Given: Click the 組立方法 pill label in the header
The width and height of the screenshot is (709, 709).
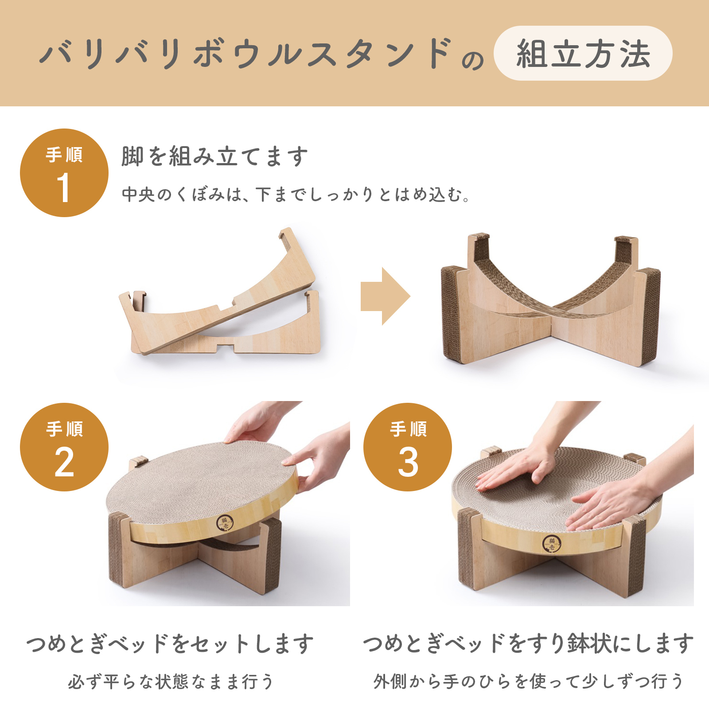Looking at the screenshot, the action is [x=583, y=53].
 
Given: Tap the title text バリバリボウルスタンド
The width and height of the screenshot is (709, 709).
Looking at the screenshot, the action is [x=246, y=54].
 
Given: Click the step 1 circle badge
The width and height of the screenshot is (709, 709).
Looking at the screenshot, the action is [x=64, y=173].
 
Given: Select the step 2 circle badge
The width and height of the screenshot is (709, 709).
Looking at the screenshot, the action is [x=64, y=447].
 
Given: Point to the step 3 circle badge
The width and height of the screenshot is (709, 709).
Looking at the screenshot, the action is [x=408, y=447].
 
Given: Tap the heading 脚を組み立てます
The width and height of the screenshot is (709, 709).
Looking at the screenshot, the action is [x=214, y=156].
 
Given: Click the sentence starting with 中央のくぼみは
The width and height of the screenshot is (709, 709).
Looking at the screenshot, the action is [x=296, y=194].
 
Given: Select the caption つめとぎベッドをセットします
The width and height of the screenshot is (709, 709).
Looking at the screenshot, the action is [x=170, y=643].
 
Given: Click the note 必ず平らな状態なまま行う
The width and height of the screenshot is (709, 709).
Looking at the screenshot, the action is [x=171, y=682].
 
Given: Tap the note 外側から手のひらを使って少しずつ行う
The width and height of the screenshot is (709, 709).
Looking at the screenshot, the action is [x=528, y=682].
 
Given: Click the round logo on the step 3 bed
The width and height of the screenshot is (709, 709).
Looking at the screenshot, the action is [x=552, y=544].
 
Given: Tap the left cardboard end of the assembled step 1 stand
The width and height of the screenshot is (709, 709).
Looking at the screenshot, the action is [x=453, y=314].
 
